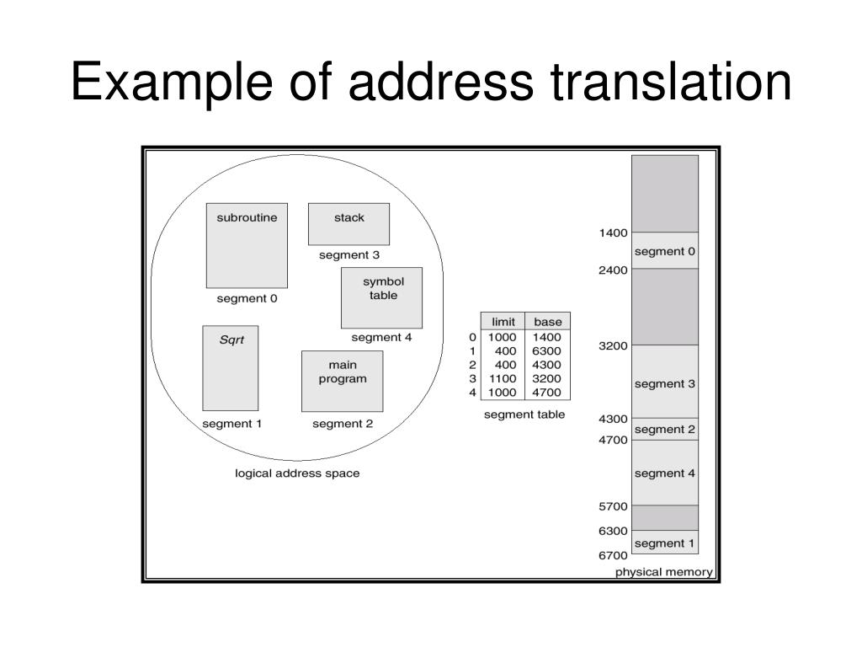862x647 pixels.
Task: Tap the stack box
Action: point(349,223)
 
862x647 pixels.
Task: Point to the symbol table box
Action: point(381,297)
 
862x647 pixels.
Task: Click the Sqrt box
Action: point(230,368)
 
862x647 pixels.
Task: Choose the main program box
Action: point(342,381)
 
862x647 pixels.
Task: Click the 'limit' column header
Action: point(503,322)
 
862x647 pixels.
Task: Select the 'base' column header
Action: point(547,322)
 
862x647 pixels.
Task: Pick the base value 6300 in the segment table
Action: point(547,350)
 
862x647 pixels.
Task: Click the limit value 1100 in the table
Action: point(503,378)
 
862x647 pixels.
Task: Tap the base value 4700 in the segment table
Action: point(547,392)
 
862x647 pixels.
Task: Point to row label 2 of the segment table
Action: point(473,365)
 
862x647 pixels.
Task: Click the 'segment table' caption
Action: point(524,414)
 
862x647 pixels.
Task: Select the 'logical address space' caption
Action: point(297,473)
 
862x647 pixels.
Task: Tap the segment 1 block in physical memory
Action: point(665,543)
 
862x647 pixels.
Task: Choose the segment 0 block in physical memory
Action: point(665,250)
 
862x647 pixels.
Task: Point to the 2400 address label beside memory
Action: point(613,270)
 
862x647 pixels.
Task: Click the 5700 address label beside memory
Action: point(613,506)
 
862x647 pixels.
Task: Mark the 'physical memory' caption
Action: point(664,573)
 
